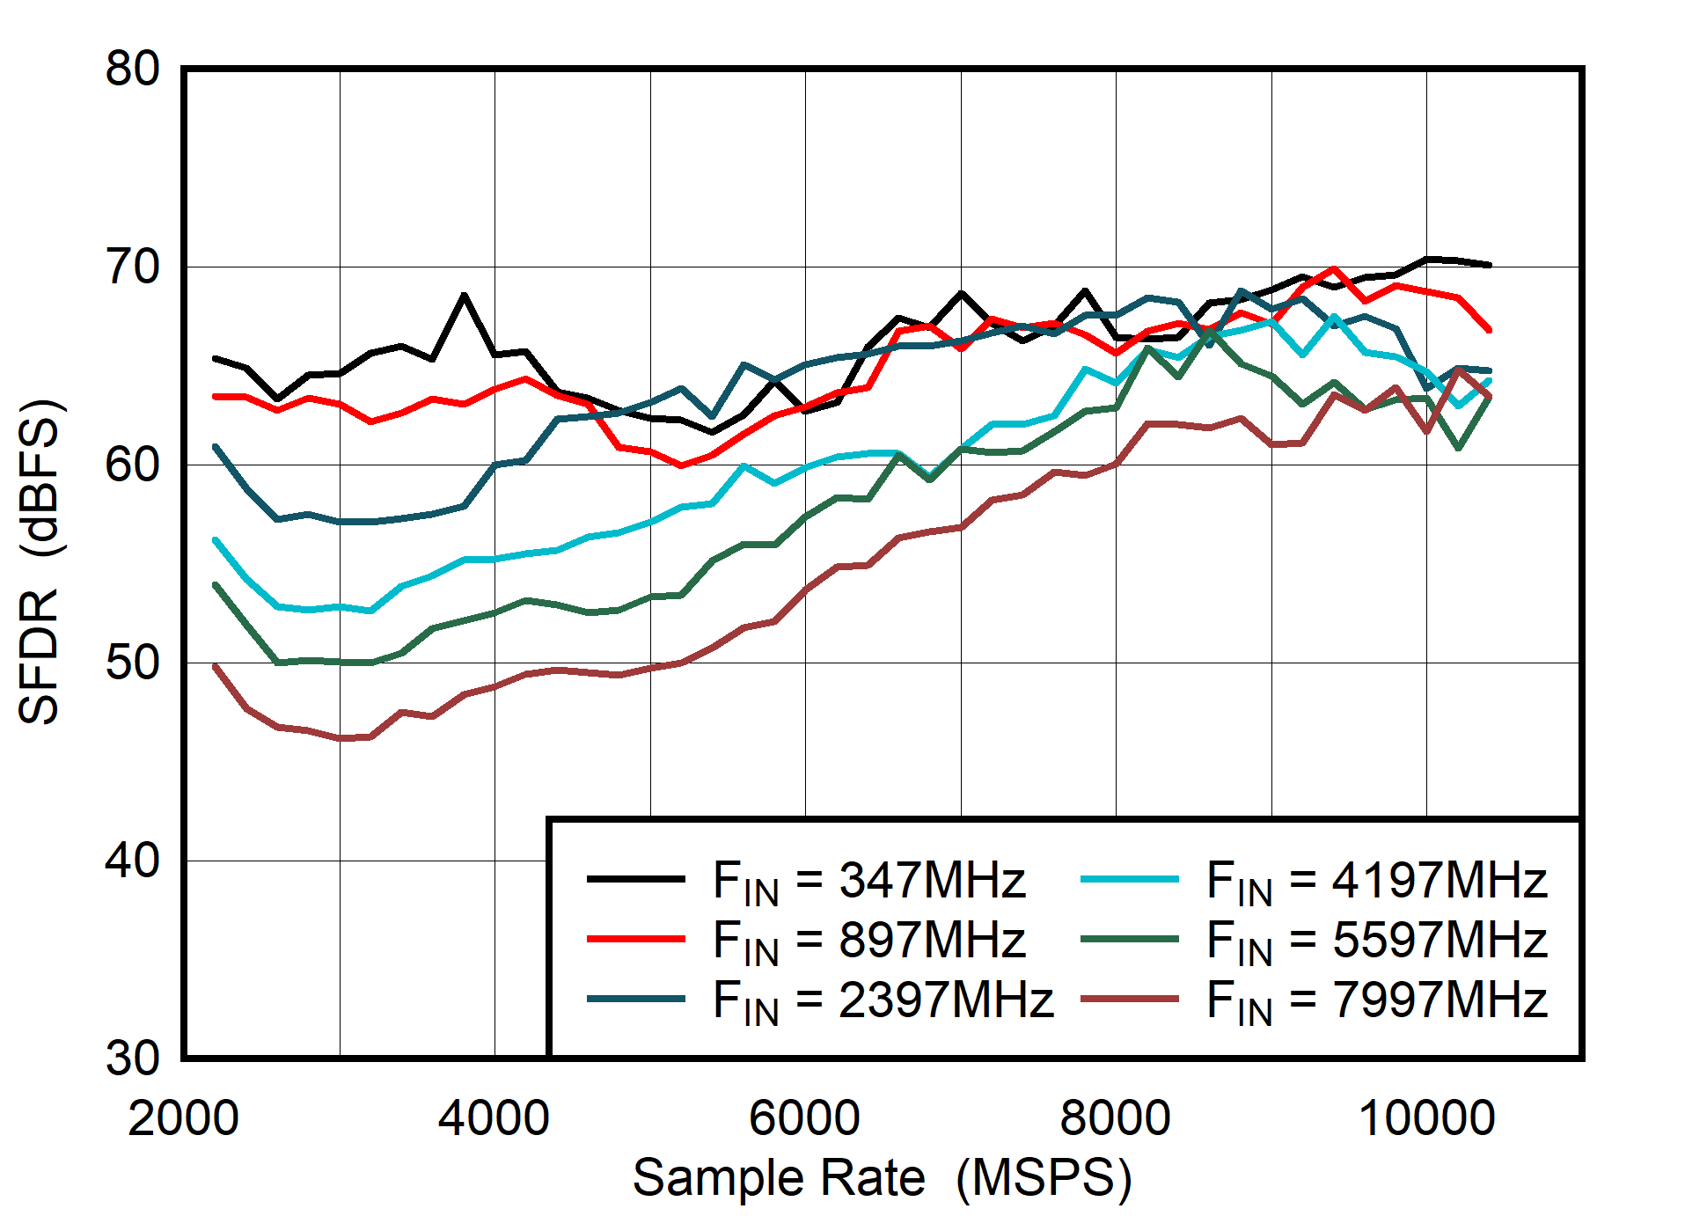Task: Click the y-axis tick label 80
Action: [132, 68]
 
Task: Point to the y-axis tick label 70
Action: [132, 267]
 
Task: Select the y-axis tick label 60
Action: [132, 465]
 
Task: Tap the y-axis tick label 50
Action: [132, 663]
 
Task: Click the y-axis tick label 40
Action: [132, 860]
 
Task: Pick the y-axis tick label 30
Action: [132, 1058]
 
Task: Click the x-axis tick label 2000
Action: [183, 1118]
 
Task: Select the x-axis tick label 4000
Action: [494, 1118]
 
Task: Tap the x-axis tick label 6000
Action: [804, 1118]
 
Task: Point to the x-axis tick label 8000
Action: [1115, 1118]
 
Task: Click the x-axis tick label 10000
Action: [1426, 1118]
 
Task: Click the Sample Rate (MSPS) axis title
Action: [882, 1177]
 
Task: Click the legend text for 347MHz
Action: [868, 880]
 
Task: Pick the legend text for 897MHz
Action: [868, 940]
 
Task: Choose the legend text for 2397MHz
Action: [883, 1000]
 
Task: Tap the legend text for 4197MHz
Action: [1376, 880]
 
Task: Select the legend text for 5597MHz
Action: [1376, 940]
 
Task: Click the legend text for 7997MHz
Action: [1376, 1000]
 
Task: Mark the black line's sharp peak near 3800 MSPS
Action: [464, 296]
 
